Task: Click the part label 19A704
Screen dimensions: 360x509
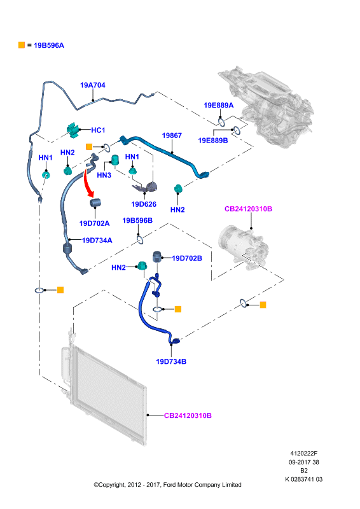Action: [x=93, y=85]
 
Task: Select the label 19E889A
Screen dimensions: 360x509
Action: [x=218, y=105]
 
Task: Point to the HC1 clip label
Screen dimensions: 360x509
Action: [x=98, y=130]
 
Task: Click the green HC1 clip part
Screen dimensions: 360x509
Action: [x=73, y=130]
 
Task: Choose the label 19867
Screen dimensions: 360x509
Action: [x=172, y=136]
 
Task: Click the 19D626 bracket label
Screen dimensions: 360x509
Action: [x=144, y=204]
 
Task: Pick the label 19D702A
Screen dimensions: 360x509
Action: [x=95, y=223]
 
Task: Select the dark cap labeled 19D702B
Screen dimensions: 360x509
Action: [x=158, y=256]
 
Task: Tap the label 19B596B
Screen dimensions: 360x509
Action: [x=137, y=220]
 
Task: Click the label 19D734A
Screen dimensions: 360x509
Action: [x=97, y=241]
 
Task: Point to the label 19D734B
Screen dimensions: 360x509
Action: [x=171, y=361]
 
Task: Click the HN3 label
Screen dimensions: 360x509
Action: [x=104, y=176]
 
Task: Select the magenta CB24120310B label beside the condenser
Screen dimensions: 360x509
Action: [x=188, y=415]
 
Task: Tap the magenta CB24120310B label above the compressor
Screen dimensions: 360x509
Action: [x=248, y=209]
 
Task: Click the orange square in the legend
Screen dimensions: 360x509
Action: [x=22, y=45]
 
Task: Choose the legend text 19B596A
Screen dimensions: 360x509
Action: [x=49, y=45]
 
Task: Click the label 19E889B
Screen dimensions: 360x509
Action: [x=213, y=140]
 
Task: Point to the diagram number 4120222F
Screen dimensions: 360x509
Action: [x=304, y=454]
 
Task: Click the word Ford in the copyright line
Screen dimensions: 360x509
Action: [x=170, y=485]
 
